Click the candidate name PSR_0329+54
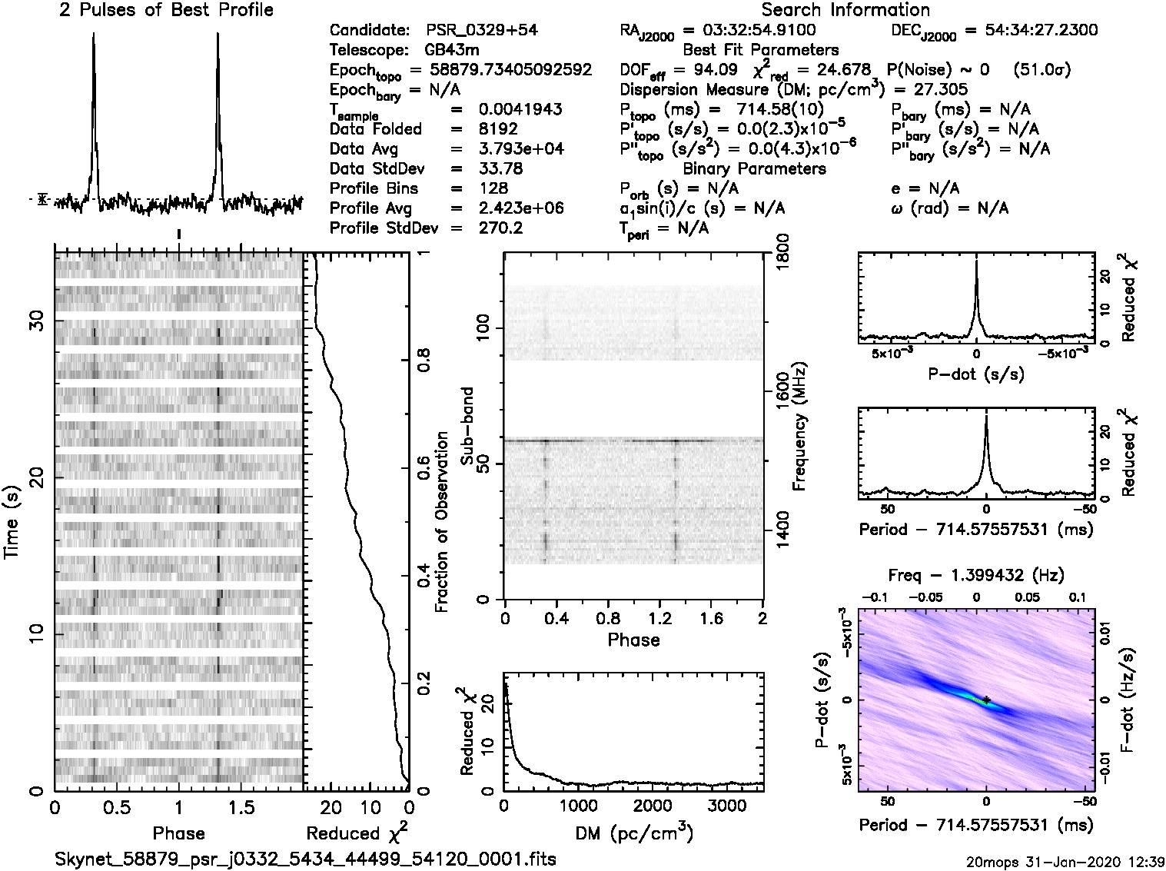click(x=482, y=31)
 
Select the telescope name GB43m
click(x=452, y=50)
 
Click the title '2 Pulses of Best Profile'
click(x=166, y=10)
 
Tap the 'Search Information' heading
click(x=845, y=10)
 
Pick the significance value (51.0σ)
click(x=1042, y=70)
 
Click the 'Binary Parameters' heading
click(x=754, y=168)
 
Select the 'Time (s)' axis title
click(x=12, y=522)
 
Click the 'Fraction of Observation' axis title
click(x=442, y=522)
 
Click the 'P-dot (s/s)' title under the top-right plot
click(x=976, y=374)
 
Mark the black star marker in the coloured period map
click(x=985, y=699)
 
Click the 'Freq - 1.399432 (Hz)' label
click(x=976, y=574)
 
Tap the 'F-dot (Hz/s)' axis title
click(x=1128, y=699)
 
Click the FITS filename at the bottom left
click(x=305, y=858)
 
